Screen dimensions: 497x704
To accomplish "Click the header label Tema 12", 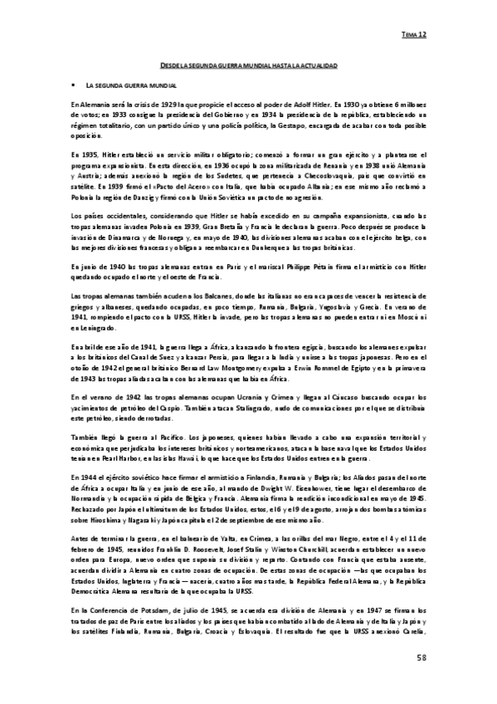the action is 414,36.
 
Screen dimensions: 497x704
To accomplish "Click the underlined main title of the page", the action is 248,65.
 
